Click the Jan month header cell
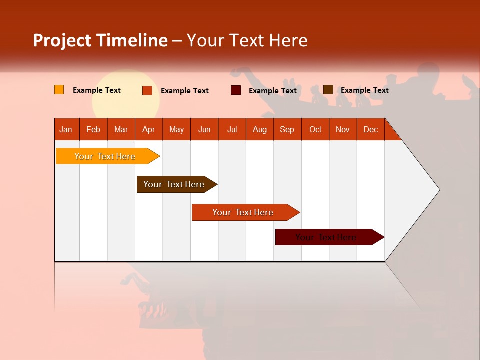[x=66, y=129]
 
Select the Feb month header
[x=93, y=129]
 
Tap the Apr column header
[x=149, y=129]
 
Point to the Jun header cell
[x=204, y=129]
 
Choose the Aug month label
[x=260, y=129]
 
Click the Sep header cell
[x=287, y=129]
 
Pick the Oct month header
[x=315, y=129]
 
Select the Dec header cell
[x=371, y=129]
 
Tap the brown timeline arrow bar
[x=175, y=184]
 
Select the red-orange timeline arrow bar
[x=243, y=212]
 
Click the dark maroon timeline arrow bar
[x=327, y=237]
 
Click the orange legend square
[x=59, y=90]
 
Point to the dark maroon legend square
[x=236, y=90]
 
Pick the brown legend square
[x=328, y=90]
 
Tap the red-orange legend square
[x=147, y=90]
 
